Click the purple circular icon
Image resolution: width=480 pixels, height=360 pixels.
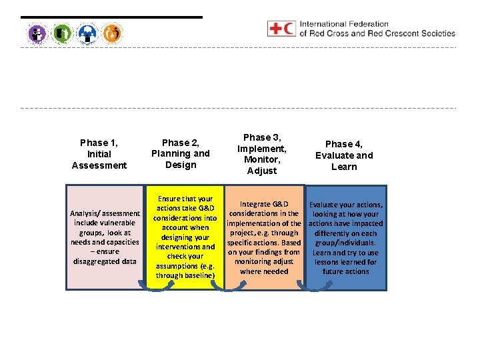click(37, 33)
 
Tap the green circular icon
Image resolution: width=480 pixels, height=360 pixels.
click(62, 33)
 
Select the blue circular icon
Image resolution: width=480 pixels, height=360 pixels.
click(87, 33)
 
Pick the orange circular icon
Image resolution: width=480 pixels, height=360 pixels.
click(113, 33)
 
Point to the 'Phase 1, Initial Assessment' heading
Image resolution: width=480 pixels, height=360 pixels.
click(99, 153)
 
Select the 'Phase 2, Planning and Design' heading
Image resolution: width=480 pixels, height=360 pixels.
click(180, 153)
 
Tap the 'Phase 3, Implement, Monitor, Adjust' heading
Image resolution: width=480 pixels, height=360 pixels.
click(261, 154)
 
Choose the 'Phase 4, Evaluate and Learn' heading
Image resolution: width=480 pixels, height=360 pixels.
click(344, 155)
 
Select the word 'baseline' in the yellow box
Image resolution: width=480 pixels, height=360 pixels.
click(199, 275)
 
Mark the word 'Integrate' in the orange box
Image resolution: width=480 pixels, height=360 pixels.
click(255, 204)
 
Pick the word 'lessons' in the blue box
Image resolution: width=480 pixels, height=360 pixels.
click(328, 262)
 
